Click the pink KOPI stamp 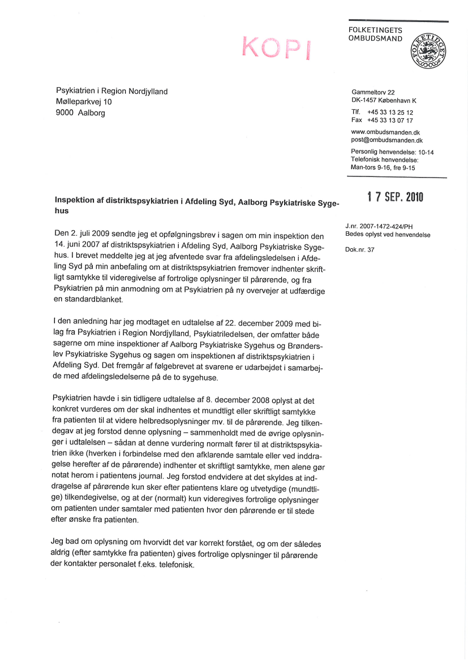[x=276, y=47]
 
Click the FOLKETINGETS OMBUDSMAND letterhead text [x=375, y=34]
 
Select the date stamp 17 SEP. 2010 [x=395, y=197]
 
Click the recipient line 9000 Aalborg [x=80, y=113]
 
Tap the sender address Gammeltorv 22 [x=373, y=92]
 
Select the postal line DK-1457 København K [x=384, y=101]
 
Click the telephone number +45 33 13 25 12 [x=390, y=113]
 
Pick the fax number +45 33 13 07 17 [x=390, y=120]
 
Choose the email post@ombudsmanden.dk [x=387, y=140]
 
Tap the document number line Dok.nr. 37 [x=360, y=249]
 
